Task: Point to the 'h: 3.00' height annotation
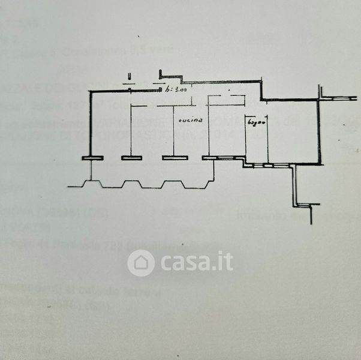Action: pos(177,90)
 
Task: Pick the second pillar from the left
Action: pos(131,158)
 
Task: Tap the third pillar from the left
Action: pos(173,158)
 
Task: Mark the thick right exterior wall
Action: pos(320,129)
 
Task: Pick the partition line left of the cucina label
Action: pos(173,129)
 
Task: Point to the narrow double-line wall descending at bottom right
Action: pos(294,186)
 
